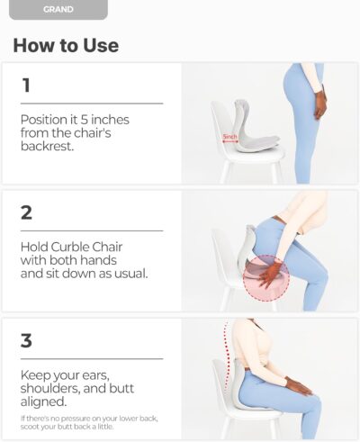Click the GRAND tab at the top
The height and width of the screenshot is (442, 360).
(x=58, y=9)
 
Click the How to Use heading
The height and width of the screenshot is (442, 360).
(x=66, y=45)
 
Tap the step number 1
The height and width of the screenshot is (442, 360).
(x=26, y=86)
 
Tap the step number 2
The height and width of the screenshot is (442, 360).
(x=28, y=214)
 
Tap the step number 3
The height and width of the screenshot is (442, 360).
(x=28, y=342)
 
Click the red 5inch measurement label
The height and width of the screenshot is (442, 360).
(x=230, y=138)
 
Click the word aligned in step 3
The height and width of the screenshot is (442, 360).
(x=40, y=403)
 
